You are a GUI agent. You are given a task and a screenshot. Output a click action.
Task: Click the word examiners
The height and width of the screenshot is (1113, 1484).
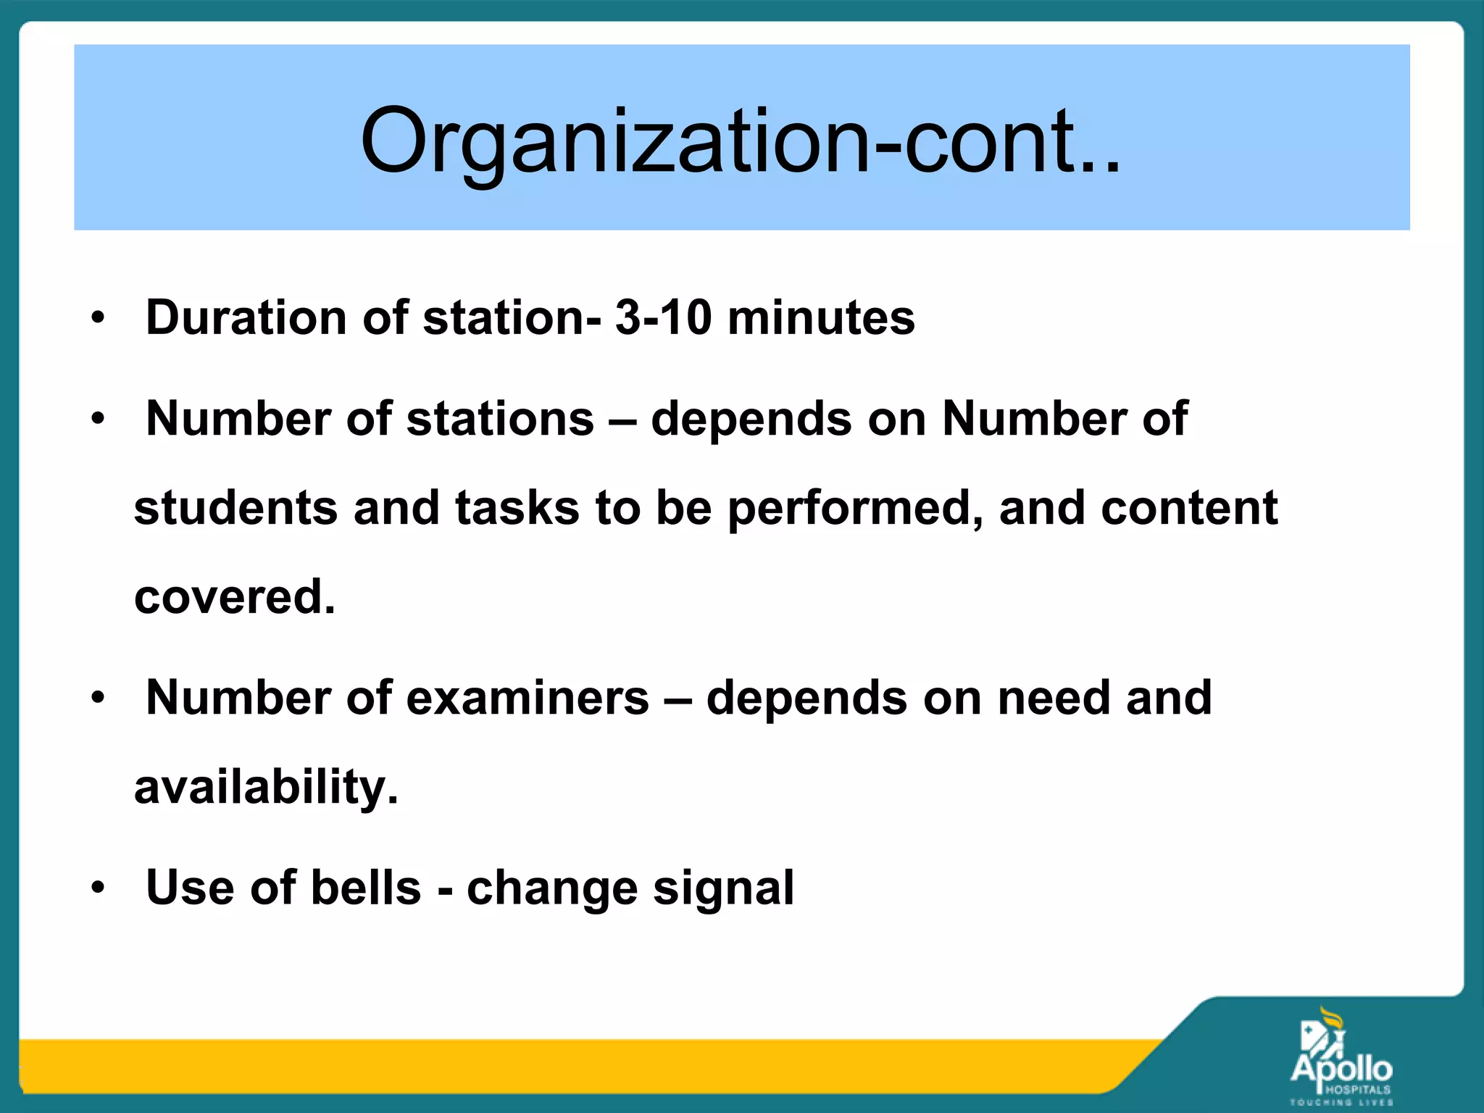pos(528,698)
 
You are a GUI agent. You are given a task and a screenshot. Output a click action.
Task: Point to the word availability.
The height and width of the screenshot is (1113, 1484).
pos(266,787)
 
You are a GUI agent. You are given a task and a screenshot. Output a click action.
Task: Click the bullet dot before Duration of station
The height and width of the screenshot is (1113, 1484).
pos(99,317)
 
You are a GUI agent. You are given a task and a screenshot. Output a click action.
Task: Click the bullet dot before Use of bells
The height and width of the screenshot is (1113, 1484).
pos(99,888)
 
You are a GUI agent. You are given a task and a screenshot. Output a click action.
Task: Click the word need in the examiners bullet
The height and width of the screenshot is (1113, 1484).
pos(1054,698)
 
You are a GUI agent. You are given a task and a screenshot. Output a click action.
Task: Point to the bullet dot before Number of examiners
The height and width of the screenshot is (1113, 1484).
pos(99,698)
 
